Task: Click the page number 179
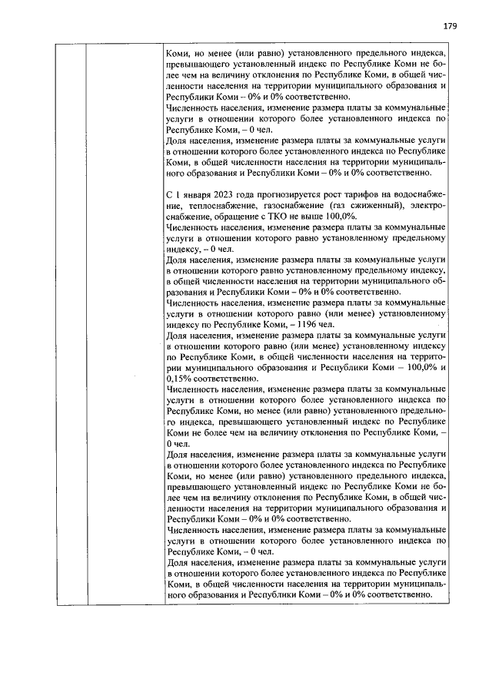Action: [450, 25]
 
